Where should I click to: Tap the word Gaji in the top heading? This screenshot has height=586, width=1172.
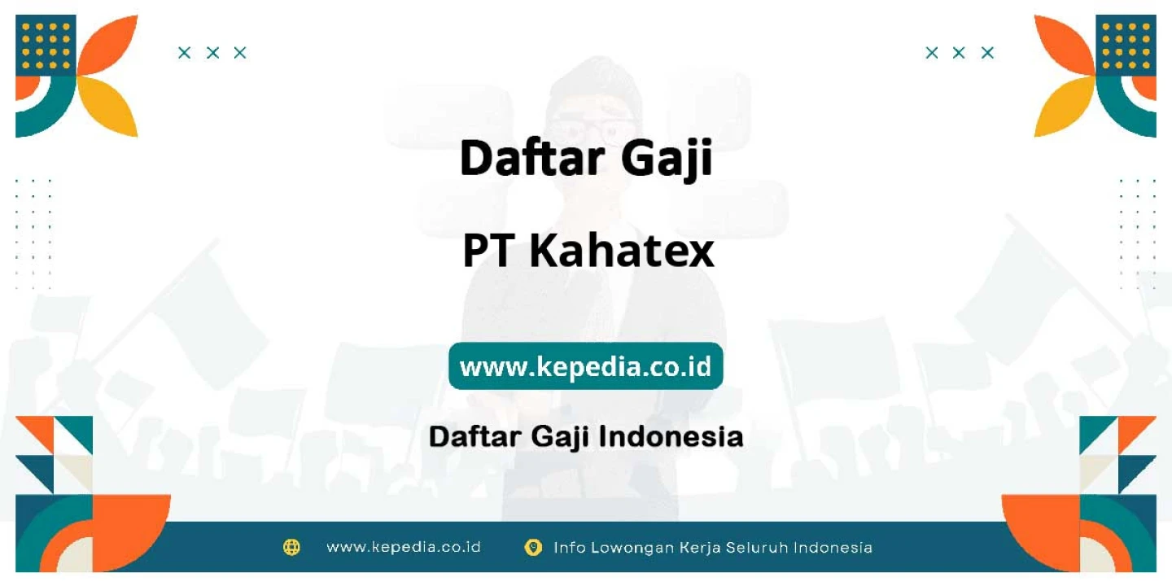tap(667, 159)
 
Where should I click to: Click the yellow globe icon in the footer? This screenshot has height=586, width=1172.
tap(291, 547)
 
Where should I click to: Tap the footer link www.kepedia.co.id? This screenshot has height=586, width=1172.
tap(404, 547)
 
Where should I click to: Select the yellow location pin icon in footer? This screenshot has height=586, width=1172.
tap(533, 547)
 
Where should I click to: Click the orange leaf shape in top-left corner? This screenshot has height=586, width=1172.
tap(107, 44)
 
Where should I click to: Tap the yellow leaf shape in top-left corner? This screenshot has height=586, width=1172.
tap(107, 107)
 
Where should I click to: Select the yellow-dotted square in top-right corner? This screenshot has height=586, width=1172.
tap(1126, 46)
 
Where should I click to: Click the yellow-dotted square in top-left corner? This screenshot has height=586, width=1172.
tap(46, 46)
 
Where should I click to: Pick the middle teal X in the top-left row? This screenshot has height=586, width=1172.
tap(212, 52)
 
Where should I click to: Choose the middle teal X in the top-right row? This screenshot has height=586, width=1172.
tap(959, 52)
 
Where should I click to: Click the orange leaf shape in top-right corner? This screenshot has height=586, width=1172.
tap(1065, 44)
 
